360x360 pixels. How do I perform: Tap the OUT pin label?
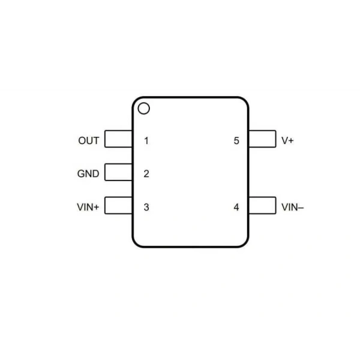point(89,140)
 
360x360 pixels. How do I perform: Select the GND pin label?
point(88,174)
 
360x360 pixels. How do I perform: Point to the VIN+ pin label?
point(88,207)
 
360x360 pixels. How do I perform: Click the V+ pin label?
point(287,140)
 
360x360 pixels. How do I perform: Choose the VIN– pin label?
point(293,207)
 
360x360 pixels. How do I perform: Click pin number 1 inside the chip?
point(146,141)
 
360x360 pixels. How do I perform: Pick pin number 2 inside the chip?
point(146,174)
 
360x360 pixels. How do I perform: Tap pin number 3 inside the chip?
point(146,207)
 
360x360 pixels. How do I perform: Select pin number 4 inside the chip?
point(236,207)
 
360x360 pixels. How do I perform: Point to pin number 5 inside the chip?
point(236,141)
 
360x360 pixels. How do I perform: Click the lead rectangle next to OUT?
point(118,131)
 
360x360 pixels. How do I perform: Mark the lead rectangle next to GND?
point(118,164)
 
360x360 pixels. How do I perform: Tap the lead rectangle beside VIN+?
point(118,197)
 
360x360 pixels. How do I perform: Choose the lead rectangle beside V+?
point(262,131)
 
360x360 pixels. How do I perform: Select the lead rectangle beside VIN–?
point(262,197)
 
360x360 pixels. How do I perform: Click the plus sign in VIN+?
point(97,208)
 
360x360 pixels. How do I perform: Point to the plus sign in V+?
point(291,141)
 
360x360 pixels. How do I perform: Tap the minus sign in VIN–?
point(301,208)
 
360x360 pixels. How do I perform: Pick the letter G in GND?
point(81,174)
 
